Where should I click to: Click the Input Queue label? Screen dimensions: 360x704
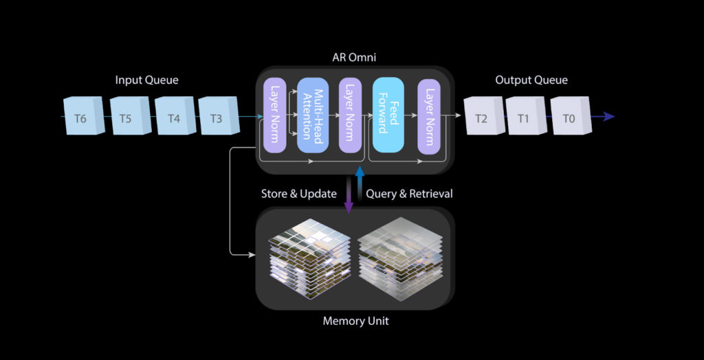click(146, 80)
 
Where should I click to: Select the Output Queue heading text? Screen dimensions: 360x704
click(531, 80)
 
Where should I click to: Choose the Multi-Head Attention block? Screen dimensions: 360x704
click(313, 115)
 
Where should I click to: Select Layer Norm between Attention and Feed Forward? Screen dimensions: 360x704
click(350, 115)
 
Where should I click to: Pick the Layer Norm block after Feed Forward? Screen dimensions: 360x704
click(428, 115)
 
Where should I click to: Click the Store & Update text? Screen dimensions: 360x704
click(298, 194)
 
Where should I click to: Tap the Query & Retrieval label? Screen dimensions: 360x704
click(409, 194)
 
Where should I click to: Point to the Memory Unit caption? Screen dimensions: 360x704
click(355, 321)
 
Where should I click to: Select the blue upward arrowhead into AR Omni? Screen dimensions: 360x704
click(360, 171)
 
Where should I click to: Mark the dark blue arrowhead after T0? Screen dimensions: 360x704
click(608, 117)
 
